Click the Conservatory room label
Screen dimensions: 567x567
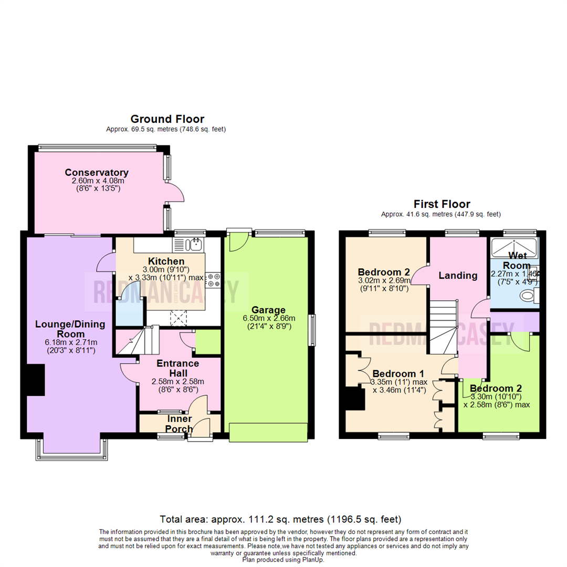click(97, 172)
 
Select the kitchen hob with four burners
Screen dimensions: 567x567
click(213, 280)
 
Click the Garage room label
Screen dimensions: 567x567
click(268, 309)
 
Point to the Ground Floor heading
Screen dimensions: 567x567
click(167, 119)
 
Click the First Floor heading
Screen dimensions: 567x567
click(442, 204)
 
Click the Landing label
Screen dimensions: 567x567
click(458, 275)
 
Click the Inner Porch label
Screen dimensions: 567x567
click(180, 424)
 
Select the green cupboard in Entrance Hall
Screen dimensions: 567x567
click(208, 342)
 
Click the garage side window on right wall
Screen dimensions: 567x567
click(312, 329)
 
